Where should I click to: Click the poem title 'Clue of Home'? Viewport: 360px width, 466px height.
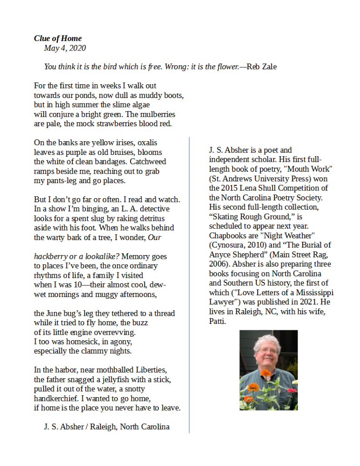tap(58, 38)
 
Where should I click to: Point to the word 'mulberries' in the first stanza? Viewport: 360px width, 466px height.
tap(158, 114)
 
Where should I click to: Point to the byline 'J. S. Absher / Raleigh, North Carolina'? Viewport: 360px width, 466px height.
tap(107, 427)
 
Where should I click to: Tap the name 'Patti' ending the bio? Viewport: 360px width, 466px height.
tap(218, 321)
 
